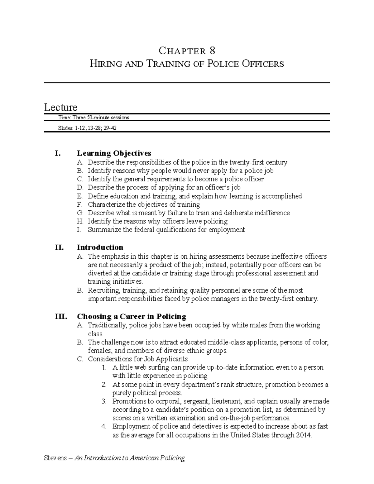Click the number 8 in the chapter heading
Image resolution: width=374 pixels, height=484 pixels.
coord(212,50)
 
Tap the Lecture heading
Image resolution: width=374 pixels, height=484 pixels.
coord(60,107)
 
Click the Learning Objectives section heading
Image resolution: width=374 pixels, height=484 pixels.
coord(114,153)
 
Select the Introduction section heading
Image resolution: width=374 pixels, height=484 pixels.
coord(100,247)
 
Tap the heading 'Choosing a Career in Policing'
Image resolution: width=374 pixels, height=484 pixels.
coord(131,317)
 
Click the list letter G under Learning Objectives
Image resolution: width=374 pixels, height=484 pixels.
coord(80,213)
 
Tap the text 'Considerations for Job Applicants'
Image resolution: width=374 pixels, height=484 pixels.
coord(138,359)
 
